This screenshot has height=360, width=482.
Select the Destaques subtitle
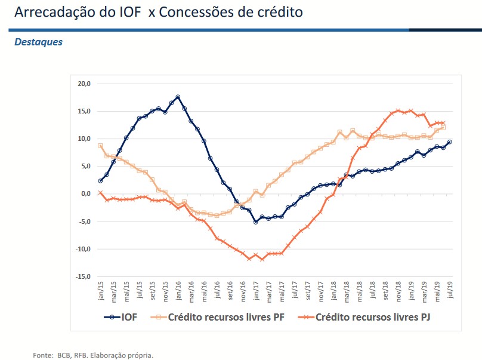38,42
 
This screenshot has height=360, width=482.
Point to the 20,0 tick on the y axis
84,84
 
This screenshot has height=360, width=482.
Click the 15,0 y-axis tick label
84,111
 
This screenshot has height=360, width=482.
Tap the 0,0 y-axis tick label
85,194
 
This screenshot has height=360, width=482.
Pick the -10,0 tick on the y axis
82,249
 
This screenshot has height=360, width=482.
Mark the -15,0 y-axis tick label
82,276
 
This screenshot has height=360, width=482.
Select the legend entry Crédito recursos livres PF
225,317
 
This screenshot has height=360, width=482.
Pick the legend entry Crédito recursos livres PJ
373,317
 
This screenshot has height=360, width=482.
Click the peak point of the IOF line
178,97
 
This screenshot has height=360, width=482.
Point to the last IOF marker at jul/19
449,142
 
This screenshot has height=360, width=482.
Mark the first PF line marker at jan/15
100,146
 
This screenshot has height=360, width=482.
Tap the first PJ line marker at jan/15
100,193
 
